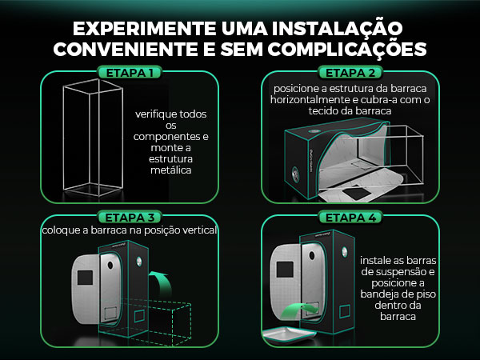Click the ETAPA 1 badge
click(x=130, y=73)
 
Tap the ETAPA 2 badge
click(x=350, y=73)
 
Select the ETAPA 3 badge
click(x=130, y=218)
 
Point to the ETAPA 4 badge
click(x=350, y=218)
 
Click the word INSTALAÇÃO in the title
click(x=337, y=28)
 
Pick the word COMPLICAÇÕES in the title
click(x=347, y=49)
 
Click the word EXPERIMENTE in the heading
click(x=145, y=29)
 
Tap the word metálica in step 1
click(x=171, y=170)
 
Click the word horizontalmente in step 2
click(x=311, y=99)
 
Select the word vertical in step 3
click(x=198, y=230)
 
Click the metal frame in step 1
click(x=93, y=138)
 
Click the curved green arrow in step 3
click(x=161, y=282)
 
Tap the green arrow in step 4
click(x=298, y=310)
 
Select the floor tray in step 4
click(x=290, y=334)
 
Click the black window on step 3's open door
click(x=85, y=278)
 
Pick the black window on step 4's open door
click(x=285, y=270)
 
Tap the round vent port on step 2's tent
click(x=296, y=174)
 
